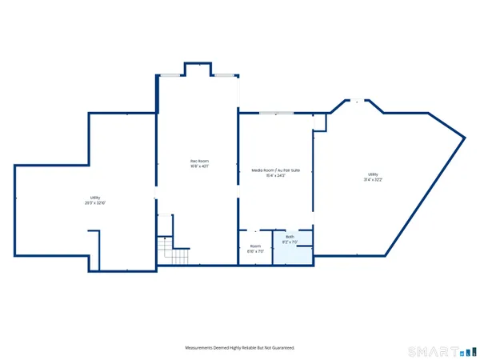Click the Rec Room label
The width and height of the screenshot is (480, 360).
coord(199,162)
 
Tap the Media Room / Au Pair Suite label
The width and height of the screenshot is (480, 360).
coord(275,170)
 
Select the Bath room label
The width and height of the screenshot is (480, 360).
coord(290,237)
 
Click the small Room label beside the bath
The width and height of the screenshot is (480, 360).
coord(255,246)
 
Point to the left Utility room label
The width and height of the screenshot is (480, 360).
coord(95,198)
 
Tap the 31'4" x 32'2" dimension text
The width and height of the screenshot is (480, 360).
coord(373,180)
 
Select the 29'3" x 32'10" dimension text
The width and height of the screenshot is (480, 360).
coord(95,203)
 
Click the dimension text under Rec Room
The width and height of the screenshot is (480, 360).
coord(199,167)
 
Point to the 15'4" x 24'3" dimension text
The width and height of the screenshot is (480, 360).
coord(275,176)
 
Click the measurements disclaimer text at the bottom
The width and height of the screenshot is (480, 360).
coord(240,348)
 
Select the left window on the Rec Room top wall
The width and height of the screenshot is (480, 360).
coord(170,74)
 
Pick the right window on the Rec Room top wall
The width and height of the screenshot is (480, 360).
coord(224,74)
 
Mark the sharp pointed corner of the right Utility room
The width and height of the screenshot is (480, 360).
coord(464,138)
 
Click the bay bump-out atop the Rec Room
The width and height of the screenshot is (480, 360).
coord(197,68)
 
